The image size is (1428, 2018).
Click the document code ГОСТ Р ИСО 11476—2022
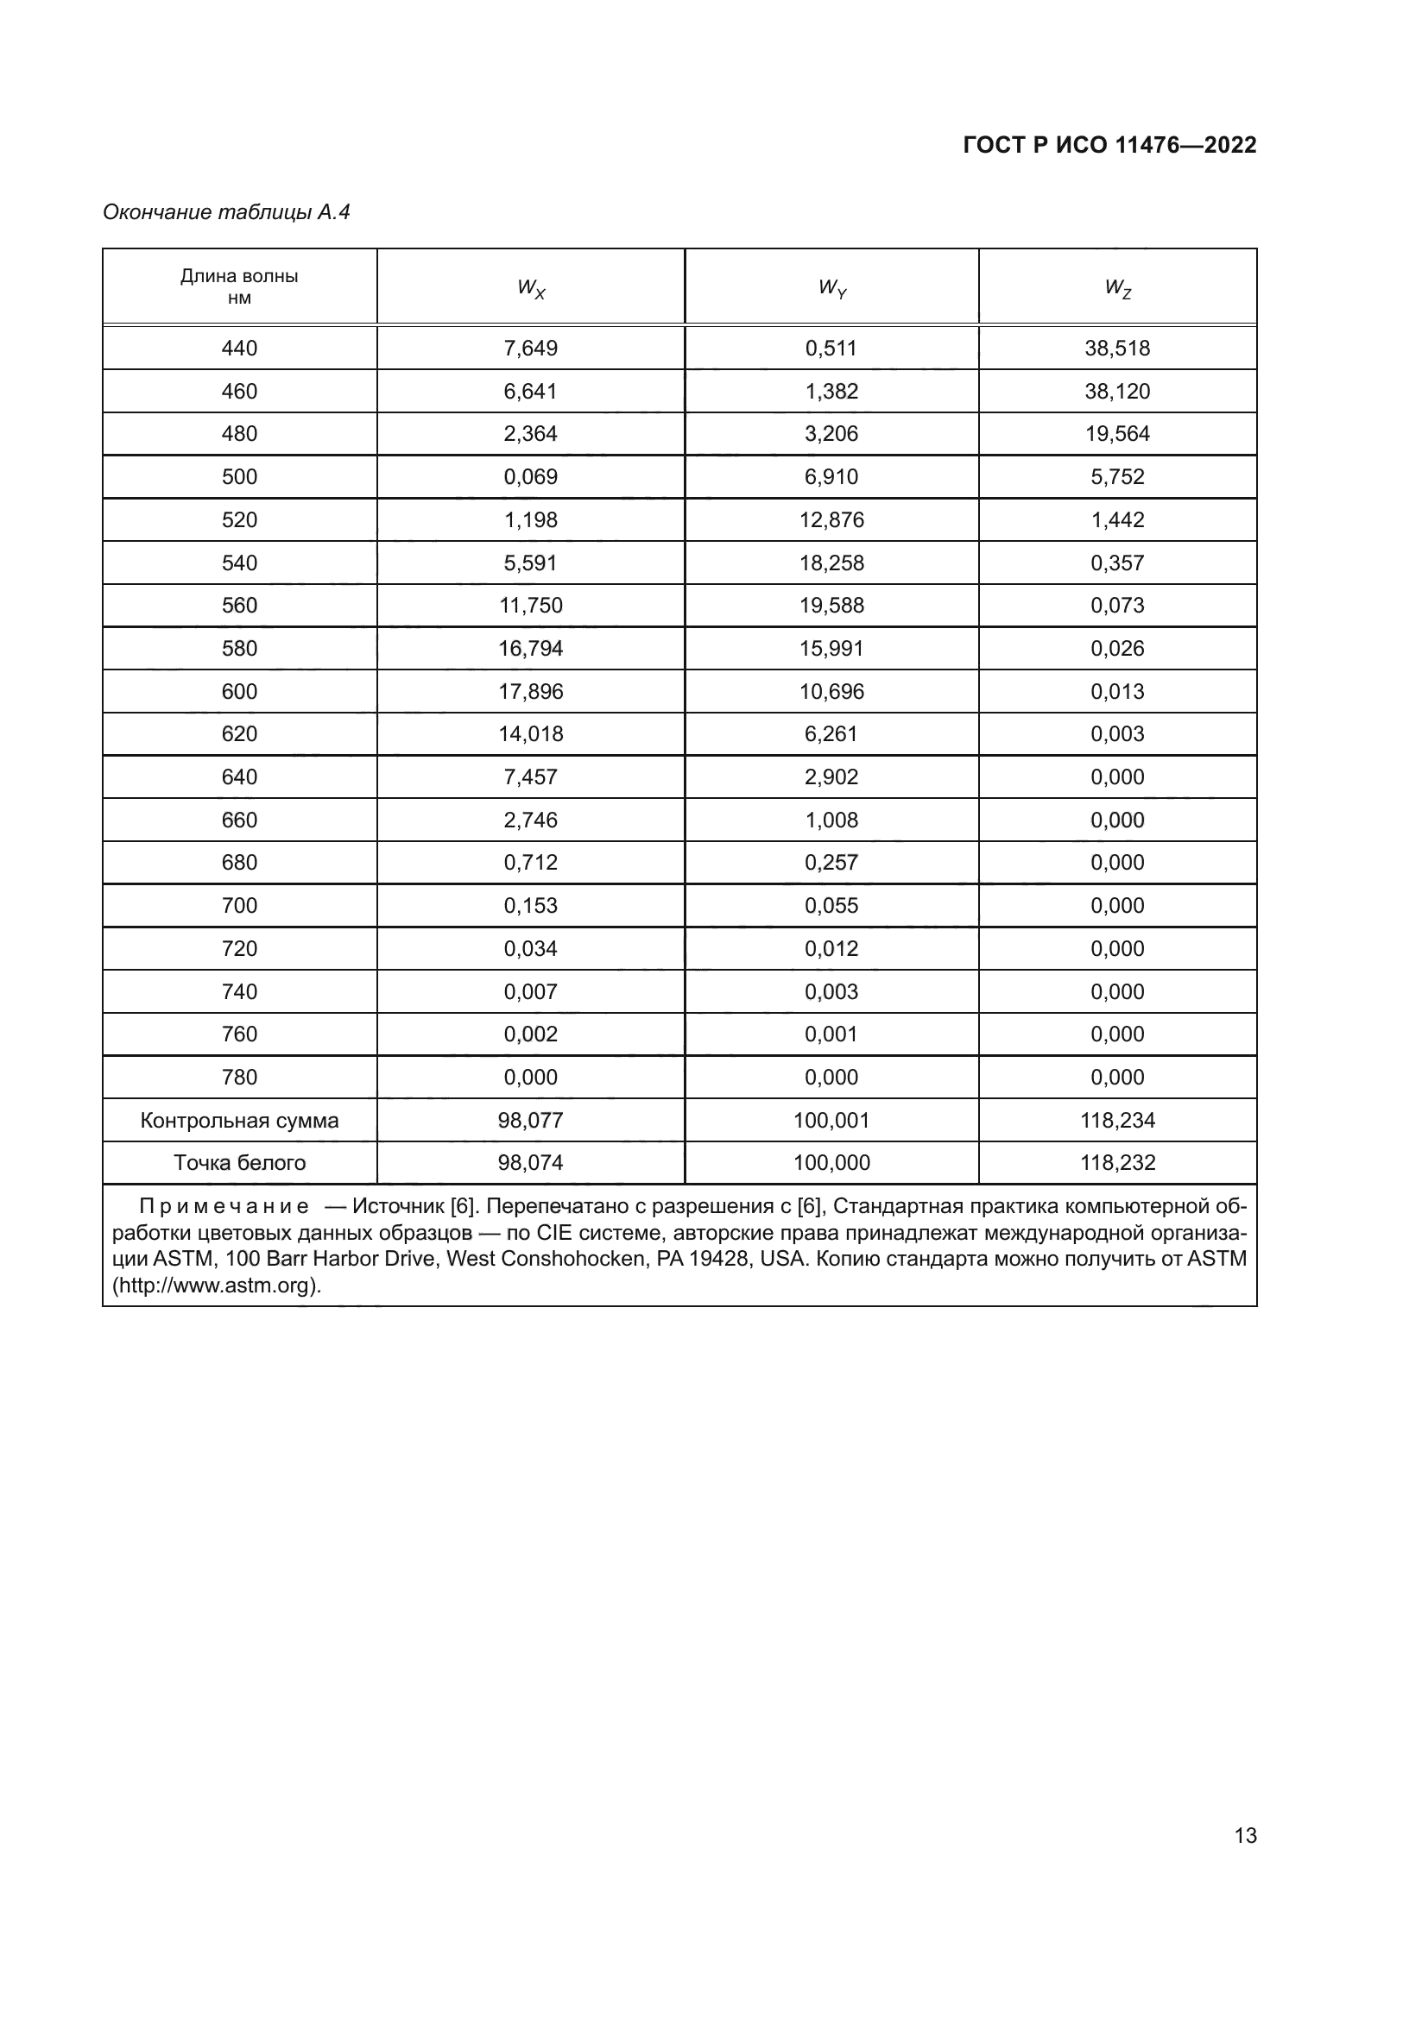[x=1109, y=145]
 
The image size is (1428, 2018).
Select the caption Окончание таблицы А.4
[x=226, y=212]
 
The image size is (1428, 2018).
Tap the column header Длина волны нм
[x=239, y=286]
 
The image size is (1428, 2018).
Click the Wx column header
[x=530, y=287]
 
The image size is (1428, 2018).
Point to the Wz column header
[x=1116, y=287]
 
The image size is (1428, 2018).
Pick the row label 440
[x=239, y=348]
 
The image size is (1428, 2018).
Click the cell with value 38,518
[x=1116, y=348]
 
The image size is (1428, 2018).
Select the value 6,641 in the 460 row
[x=530, y=391]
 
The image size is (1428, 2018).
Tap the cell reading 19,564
[x=1116, y=433]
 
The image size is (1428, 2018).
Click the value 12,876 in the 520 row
[x=831, y=519]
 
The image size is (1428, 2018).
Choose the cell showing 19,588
[x=831, y=606]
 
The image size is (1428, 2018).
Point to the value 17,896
[x=530, y=692]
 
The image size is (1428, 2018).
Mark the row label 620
[x=239, y=734]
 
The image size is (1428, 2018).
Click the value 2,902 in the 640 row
[x=831, y=777]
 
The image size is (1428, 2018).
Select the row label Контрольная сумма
[x=239, y=1121]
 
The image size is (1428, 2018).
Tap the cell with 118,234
[x=1116, y=1121]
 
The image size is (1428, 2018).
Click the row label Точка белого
[x=239, y=1163]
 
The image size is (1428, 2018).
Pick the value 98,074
[x=530, y=1163]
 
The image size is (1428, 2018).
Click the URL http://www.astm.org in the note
[x=216, y=1285]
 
